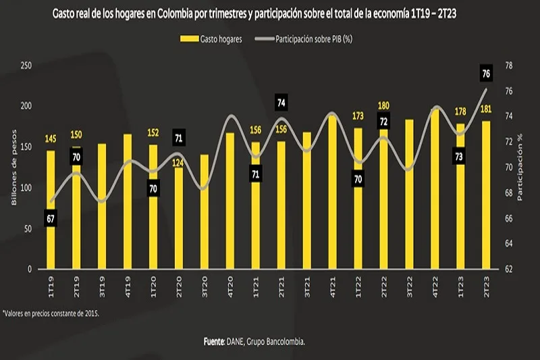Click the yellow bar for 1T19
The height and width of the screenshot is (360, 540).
51,209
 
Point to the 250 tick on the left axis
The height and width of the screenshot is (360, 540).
25,66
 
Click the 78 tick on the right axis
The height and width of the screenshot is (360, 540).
510,66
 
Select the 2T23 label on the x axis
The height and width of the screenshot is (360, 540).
486,282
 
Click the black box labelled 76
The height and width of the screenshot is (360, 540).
486,73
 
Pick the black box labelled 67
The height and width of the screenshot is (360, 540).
51,219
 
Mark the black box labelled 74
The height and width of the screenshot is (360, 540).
281,103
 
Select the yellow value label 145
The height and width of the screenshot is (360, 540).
51,139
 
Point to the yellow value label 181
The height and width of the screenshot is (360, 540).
486,109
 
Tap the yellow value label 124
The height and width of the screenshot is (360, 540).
178,163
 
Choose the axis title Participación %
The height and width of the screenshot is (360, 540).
520,168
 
